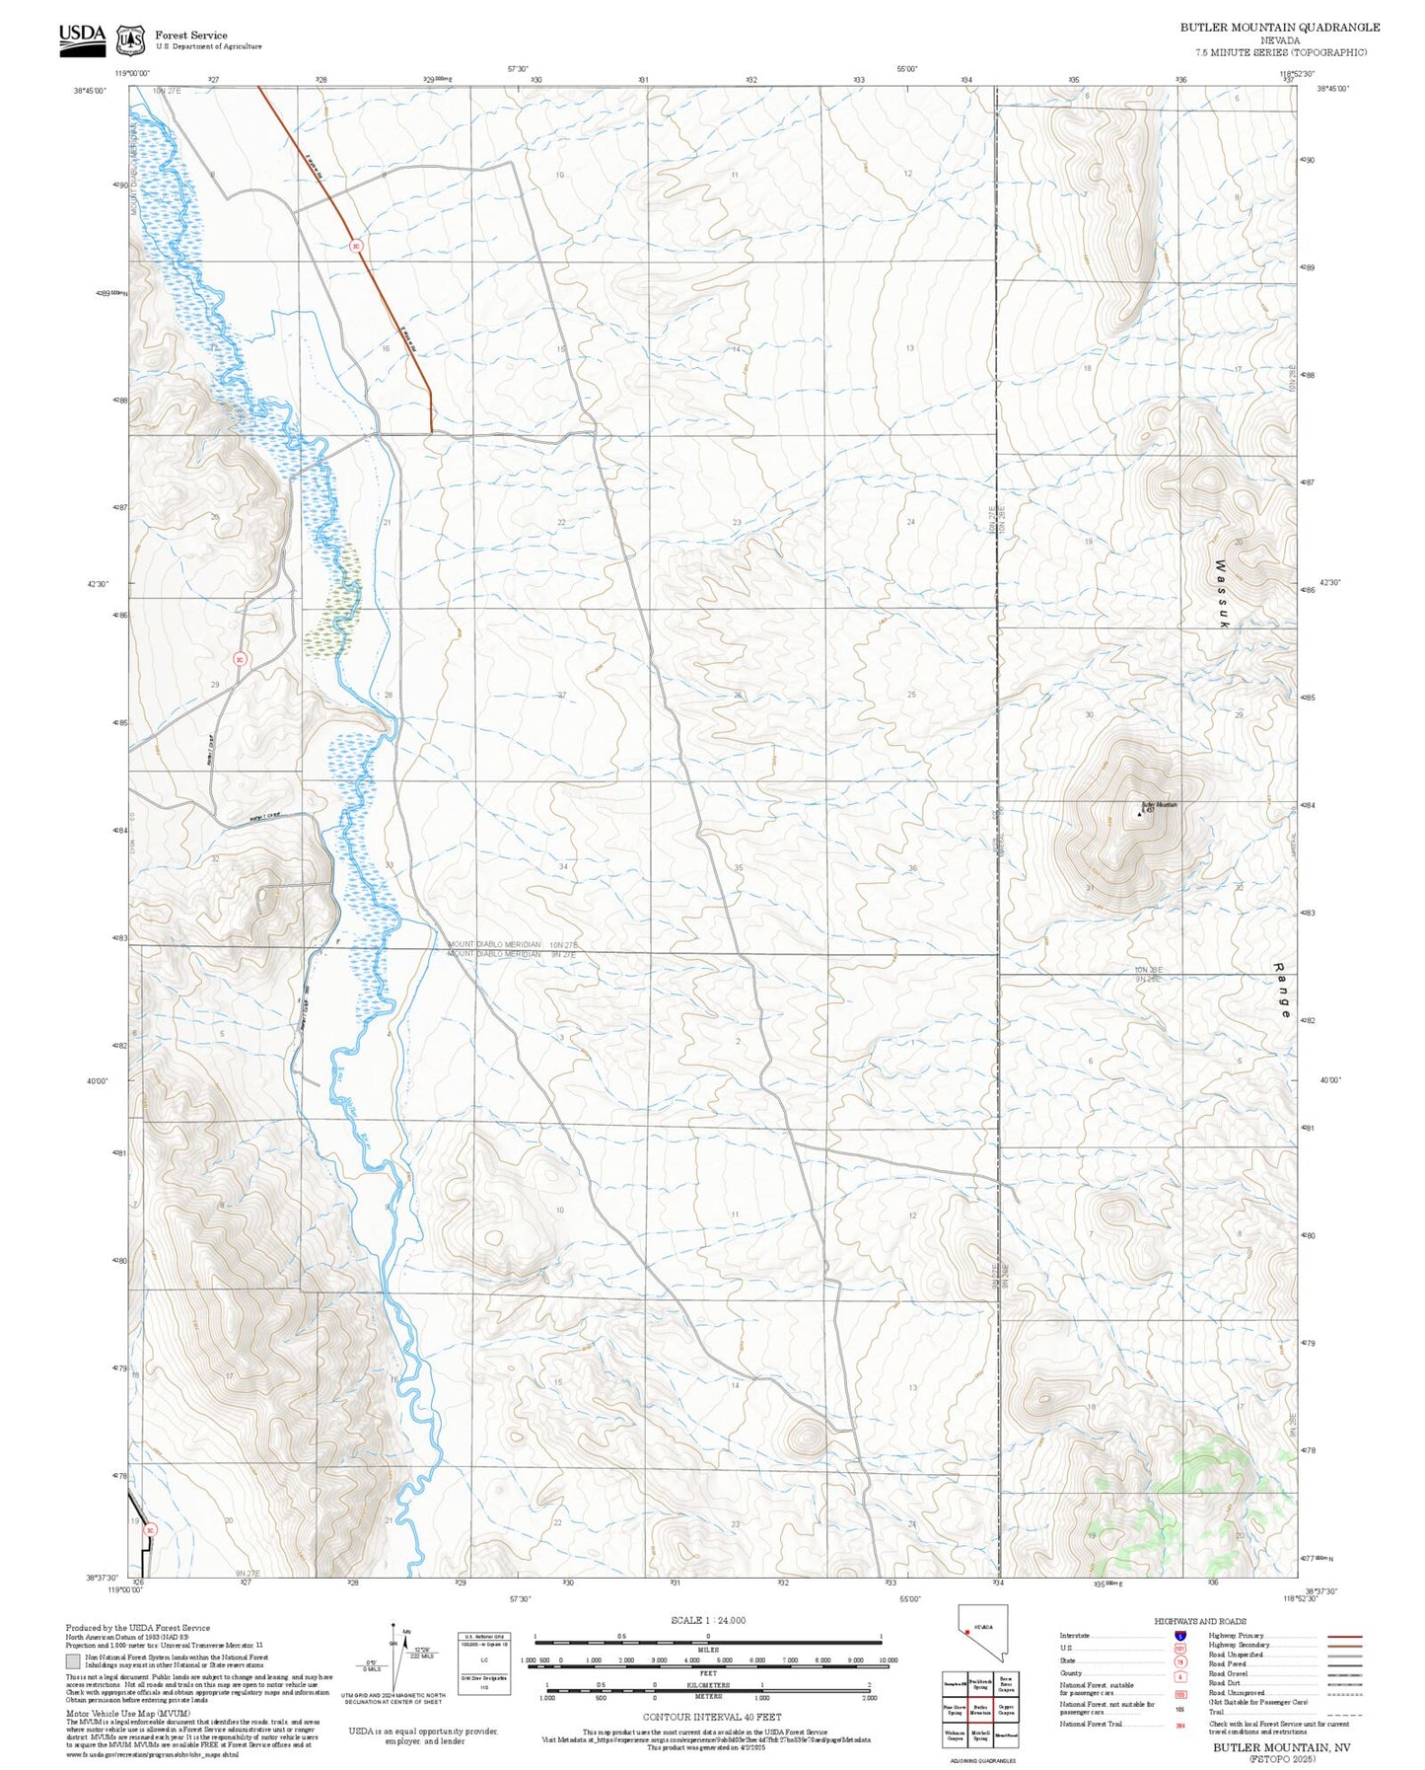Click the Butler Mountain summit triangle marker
click(1140, 815)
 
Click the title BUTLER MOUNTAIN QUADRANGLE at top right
click(1279, 28)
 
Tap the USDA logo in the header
click(82, 36)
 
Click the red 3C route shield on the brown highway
click(356, 246)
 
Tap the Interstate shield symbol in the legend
click(1179, 1635)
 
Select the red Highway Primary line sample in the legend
click(1344, 1636)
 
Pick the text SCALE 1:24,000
click(707, 1620)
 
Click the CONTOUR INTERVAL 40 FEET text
click(711, 1717)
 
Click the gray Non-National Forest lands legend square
click(73, 1661)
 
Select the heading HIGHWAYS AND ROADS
click(1200, 1620)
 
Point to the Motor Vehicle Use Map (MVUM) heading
click(114, 1714)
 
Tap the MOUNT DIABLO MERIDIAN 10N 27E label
click(512, 944)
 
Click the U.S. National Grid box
click(484, 1662)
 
